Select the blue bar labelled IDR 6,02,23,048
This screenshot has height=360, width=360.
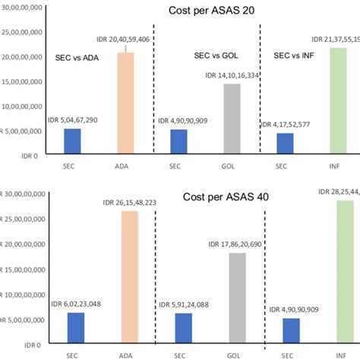coord(76,327)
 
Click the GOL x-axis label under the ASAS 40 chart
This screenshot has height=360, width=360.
coord(232,353)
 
